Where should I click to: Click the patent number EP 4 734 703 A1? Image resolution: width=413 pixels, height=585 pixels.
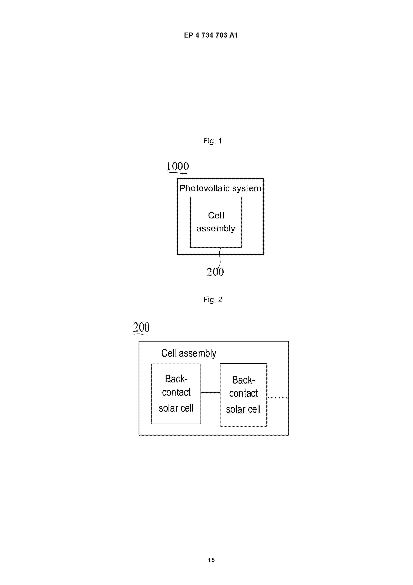point(211,35)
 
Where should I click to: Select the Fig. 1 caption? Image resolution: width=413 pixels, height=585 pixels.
point(212,141)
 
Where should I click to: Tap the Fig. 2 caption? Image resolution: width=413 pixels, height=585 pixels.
point(212,300)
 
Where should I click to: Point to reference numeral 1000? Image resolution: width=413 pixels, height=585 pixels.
point(178,166)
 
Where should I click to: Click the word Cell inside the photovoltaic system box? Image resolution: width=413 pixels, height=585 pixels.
point(216,216)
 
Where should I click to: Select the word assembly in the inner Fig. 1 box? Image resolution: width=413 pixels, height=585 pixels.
point(216,229)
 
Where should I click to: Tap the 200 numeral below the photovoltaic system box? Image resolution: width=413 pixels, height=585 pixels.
point(215,272)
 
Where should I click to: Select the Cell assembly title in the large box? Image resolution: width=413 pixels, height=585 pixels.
point(189,353)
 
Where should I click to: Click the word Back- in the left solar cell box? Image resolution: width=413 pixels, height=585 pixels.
point(176,379)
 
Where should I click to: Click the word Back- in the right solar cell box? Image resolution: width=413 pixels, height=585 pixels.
point(243,380)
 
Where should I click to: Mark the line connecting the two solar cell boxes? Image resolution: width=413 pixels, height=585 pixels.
point(210,392)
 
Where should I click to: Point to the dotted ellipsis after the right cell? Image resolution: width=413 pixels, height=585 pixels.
point(277,397)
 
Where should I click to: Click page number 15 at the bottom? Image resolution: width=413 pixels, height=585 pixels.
point(211,560)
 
